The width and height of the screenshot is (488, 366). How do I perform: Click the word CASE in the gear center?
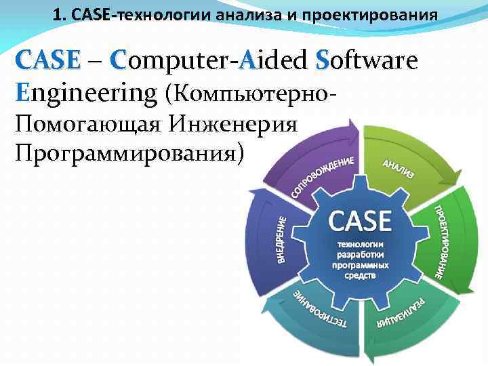pos(360,221)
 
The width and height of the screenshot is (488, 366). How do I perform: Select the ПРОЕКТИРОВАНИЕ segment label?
pos(440,241)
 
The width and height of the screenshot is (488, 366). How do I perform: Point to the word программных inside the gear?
pos(360,265)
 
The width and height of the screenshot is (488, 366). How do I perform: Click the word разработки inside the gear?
pos(360,254)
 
